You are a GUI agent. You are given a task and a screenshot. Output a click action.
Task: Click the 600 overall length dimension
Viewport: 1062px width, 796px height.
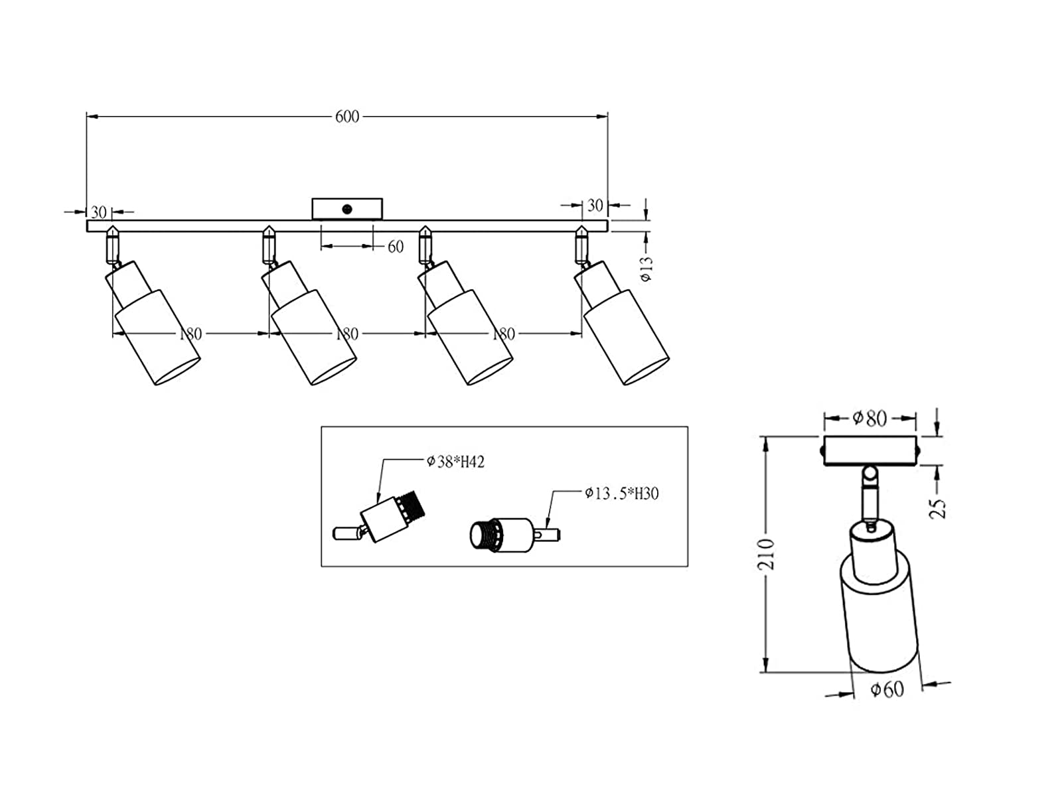347,117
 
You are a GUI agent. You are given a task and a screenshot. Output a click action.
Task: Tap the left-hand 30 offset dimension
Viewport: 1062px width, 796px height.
99,212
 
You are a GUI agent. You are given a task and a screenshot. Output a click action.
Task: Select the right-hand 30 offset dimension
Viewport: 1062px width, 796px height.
595,206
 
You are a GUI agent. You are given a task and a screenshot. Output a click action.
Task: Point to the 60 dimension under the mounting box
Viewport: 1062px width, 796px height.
396,247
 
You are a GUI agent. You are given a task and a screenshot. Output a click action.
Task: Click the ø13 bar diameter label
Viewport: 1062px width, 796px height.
646,268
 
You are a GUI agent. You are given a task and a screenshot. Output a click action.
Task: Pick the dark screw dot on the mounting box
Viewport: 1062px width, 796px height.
347,209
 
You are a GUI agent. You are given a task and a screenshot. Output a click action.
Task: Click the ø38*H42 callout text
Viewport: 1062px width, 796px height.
455,462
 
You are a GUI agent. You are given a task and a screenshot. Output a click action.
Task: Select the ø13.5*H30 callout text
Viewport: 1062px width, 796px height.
622,494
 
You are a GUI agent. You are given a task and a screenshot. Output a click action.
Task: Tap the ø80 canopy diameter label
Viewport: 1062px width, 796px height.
870,419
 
